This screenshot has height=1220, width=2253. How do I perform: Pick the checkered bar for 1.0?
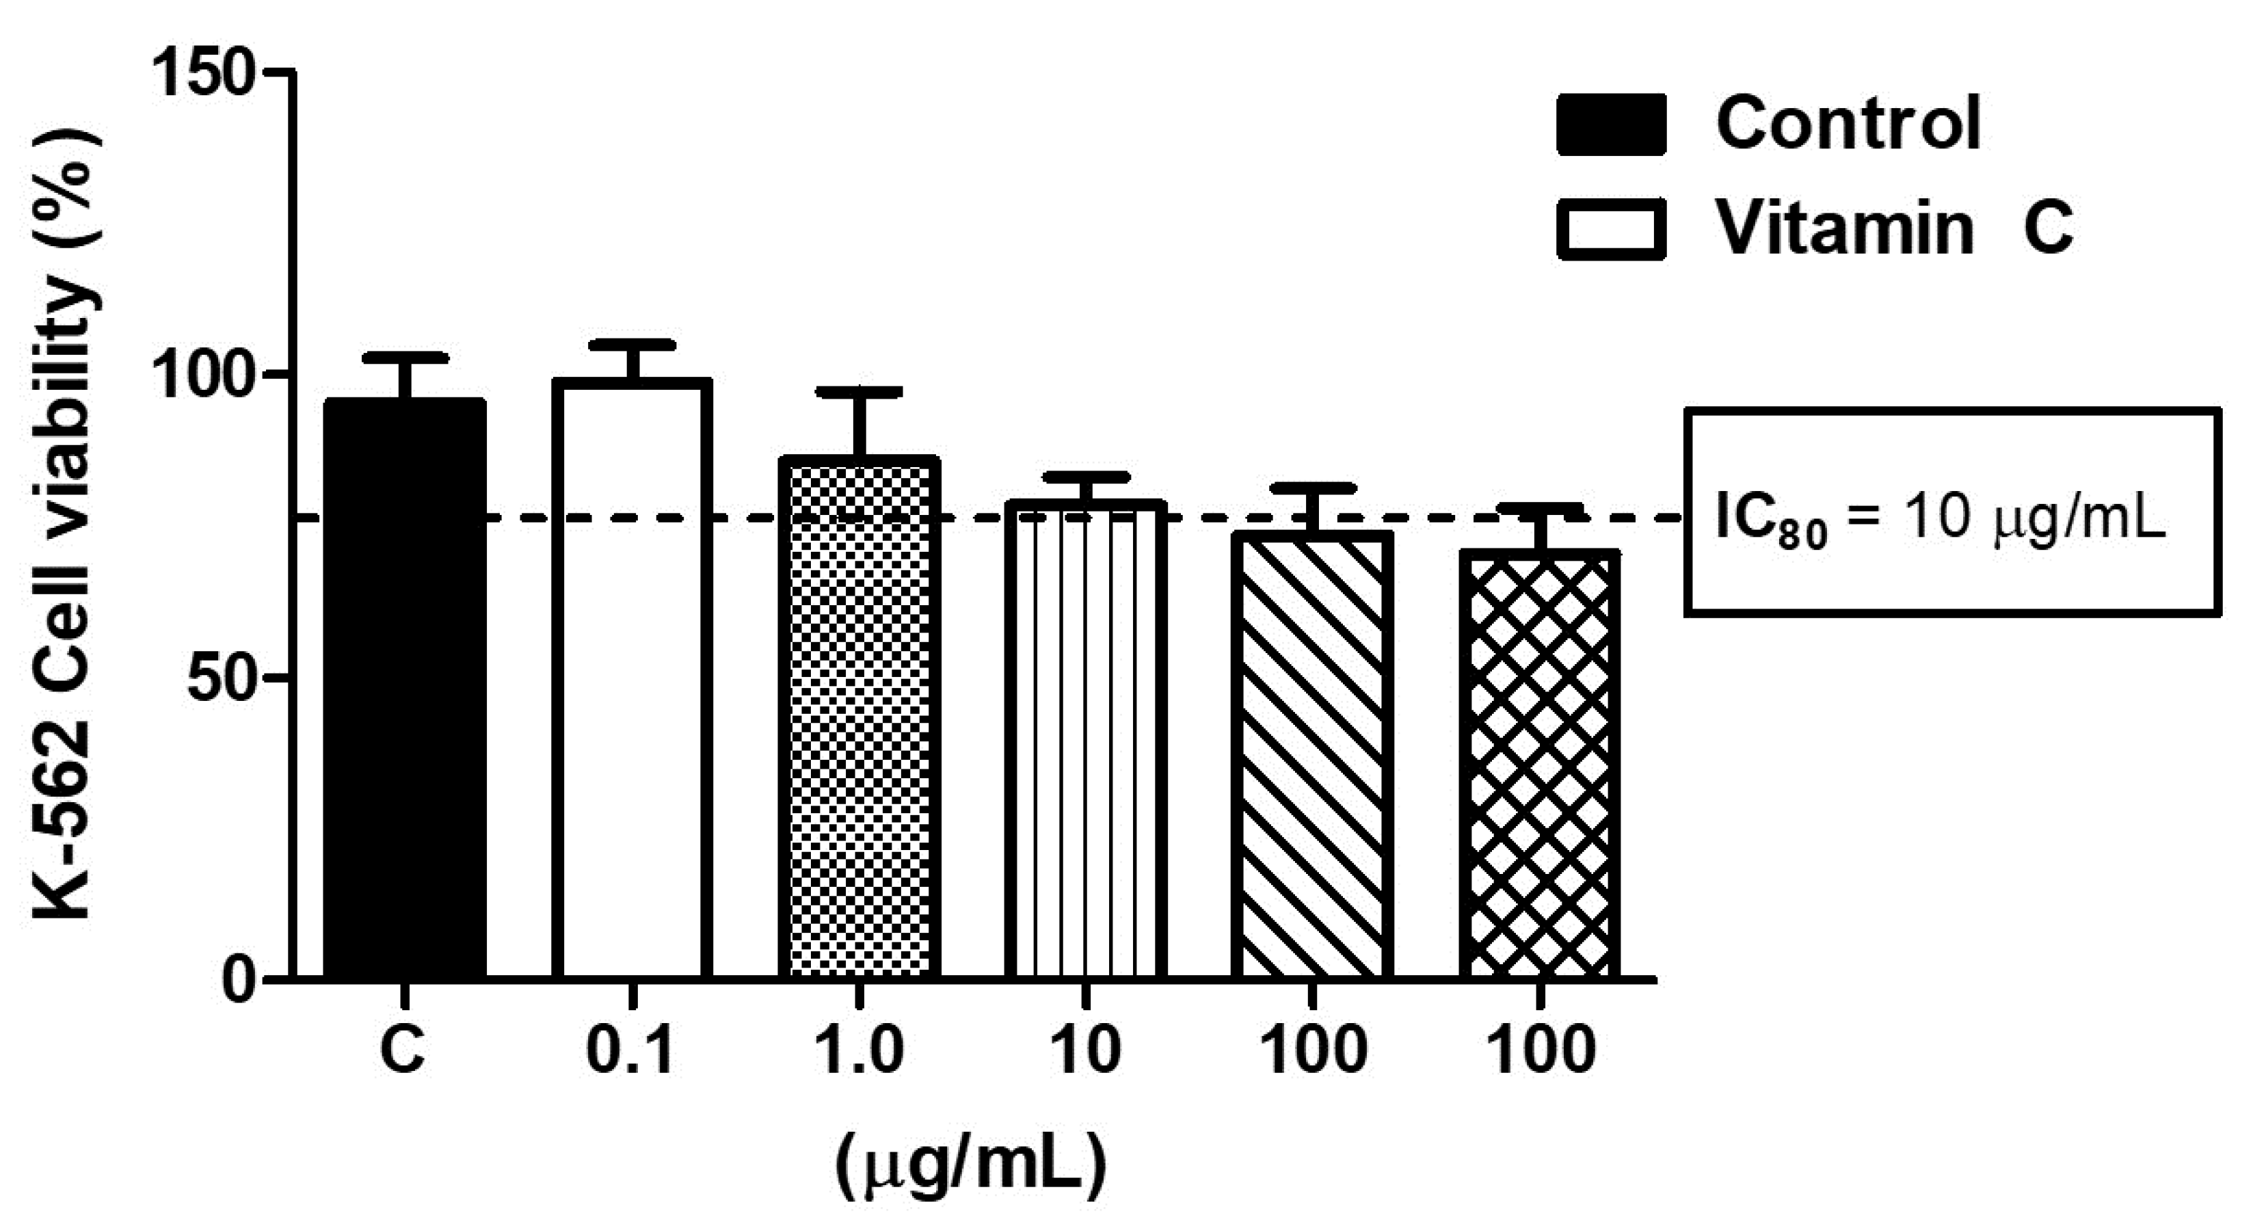859,717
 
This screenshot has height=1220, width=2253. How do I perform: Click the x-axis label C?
403,1050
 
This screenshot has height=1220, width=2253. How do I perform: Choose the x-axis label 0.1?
630,1050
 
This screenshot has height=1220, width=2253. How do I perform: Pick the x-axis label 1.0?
858,1050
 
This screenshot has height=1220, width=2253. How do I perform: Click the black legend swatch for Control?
1611,125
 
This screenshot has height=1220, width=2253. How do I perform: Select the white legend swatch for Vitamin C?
1611,229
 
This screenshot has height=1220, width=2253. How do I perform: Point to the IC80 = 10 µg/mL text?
1940,521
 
